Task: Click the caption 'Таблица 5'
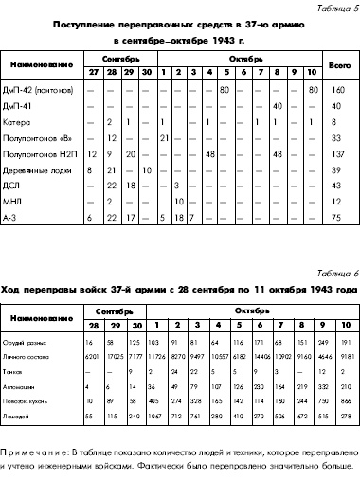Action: coord(333,9)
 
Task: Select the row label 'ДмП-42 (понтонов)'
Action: coord(44,90)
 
